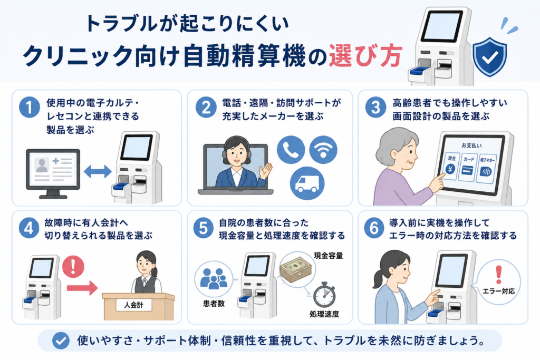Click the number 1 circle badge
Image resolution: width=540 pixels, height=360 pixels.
click(30, 108)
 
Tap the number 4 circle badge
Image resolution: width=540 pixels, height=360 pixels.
click(29, 228)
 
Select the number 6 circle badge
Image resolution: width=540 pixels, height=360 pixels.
click(374, 228)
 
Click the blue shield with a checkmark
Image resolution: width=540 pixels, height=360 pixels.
click(489, 56)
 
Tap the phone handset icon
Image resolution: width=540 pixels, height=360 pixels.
click(291, 150)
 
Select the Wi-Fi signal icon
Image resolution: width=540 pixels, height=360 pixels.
click(323, 150)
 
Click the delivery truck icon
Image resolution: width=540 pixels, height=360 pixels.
click(307, 183)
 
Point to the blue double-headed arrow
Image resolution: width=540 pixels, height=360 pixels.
click(98, 171)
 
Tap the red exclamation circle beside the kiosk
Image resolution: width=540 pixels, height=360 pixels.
click(73, 266)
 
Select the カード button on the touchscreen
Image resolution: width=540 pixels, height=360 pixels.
click(468, 168)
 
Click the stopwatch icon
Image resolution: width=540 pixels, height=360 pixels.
click(324, 295)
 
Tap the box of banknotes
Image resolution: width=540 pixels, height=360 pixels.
click(296, 269)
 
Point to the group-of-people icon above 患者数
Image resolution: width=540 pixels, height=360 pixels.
click(214, 278)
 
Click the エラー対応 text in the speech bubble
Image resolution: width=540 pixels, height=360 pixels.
click(498, 291)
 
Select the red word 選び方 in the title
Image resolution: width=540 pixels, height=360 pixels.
click(365, 55)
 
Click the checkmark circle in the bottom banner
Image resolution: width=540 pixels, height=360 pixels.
click(61, 340)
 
